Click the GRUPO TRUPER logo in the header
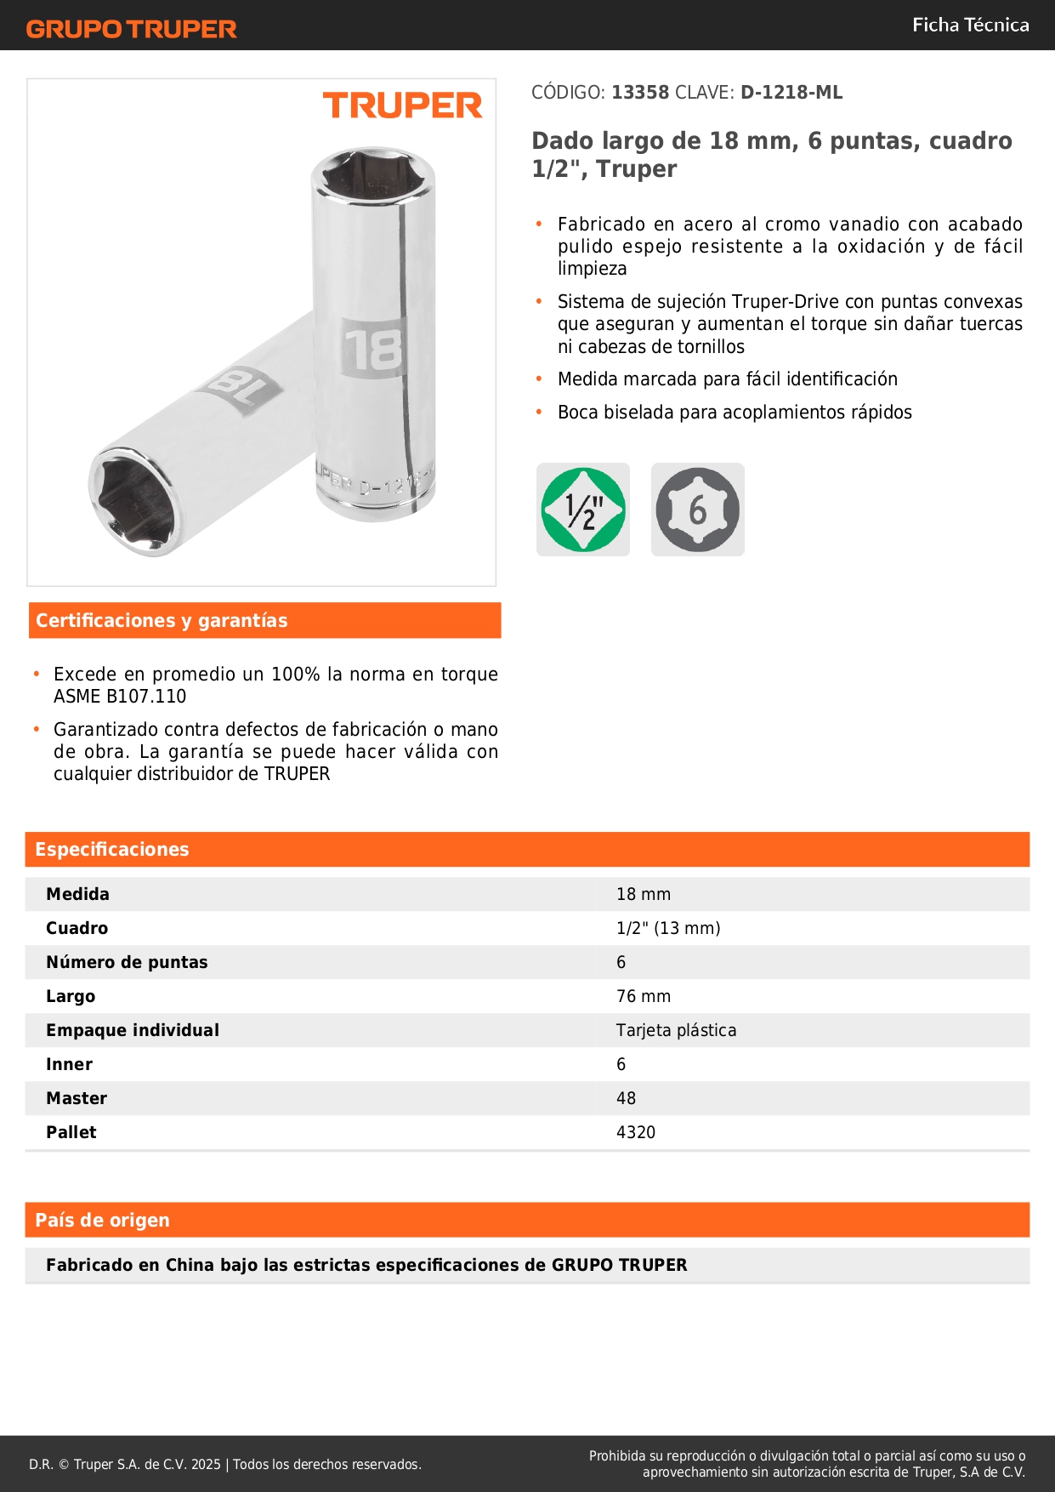132,29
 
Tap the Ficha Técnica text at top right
970,25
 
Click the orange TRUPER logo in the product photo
402,105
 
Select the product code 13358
640,93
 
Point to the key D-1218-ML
791,93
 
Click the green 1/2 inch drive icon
583,510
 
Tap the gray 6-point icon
697,510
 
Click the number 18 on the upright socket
373,348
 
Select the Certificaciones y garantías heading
162,621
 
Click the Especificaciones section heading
112,850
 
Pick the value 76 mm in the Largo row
644,996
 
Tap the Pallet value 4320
636,1132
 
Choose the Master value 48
626,1098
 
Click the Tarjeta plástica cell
676,1030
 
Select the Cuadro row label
77,928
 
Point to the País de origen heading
102,1221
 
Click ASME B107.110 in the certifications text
120,697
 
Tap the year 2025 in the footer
206,1464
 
